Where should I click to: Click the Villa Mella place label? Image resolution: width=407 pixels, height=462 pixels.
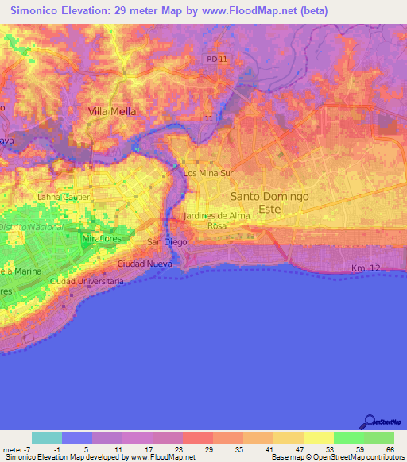(x=111, y=112)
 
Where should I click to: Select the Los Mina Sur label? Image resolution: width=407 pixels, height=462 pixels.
(x=207, y=172)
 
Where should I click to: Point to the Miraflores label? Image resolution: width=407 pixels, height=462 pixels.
(x=100, y=238)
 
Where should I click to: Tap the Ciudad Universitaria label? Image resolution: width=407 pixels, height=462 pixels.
(x=86, y=281)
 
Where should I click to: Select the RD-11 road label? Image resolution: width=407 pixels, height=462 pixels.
(x=215, y=60)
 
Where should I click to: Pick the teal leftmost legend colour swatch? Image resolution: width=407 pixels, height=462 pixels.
(x=47, y=437)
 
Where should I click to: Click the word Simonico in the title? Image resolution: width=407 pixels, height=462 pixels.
(x=39, y=12)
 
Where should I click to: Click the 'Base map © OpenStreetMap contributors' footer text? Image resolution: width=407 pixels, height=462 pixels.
(x=337, y=457)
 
